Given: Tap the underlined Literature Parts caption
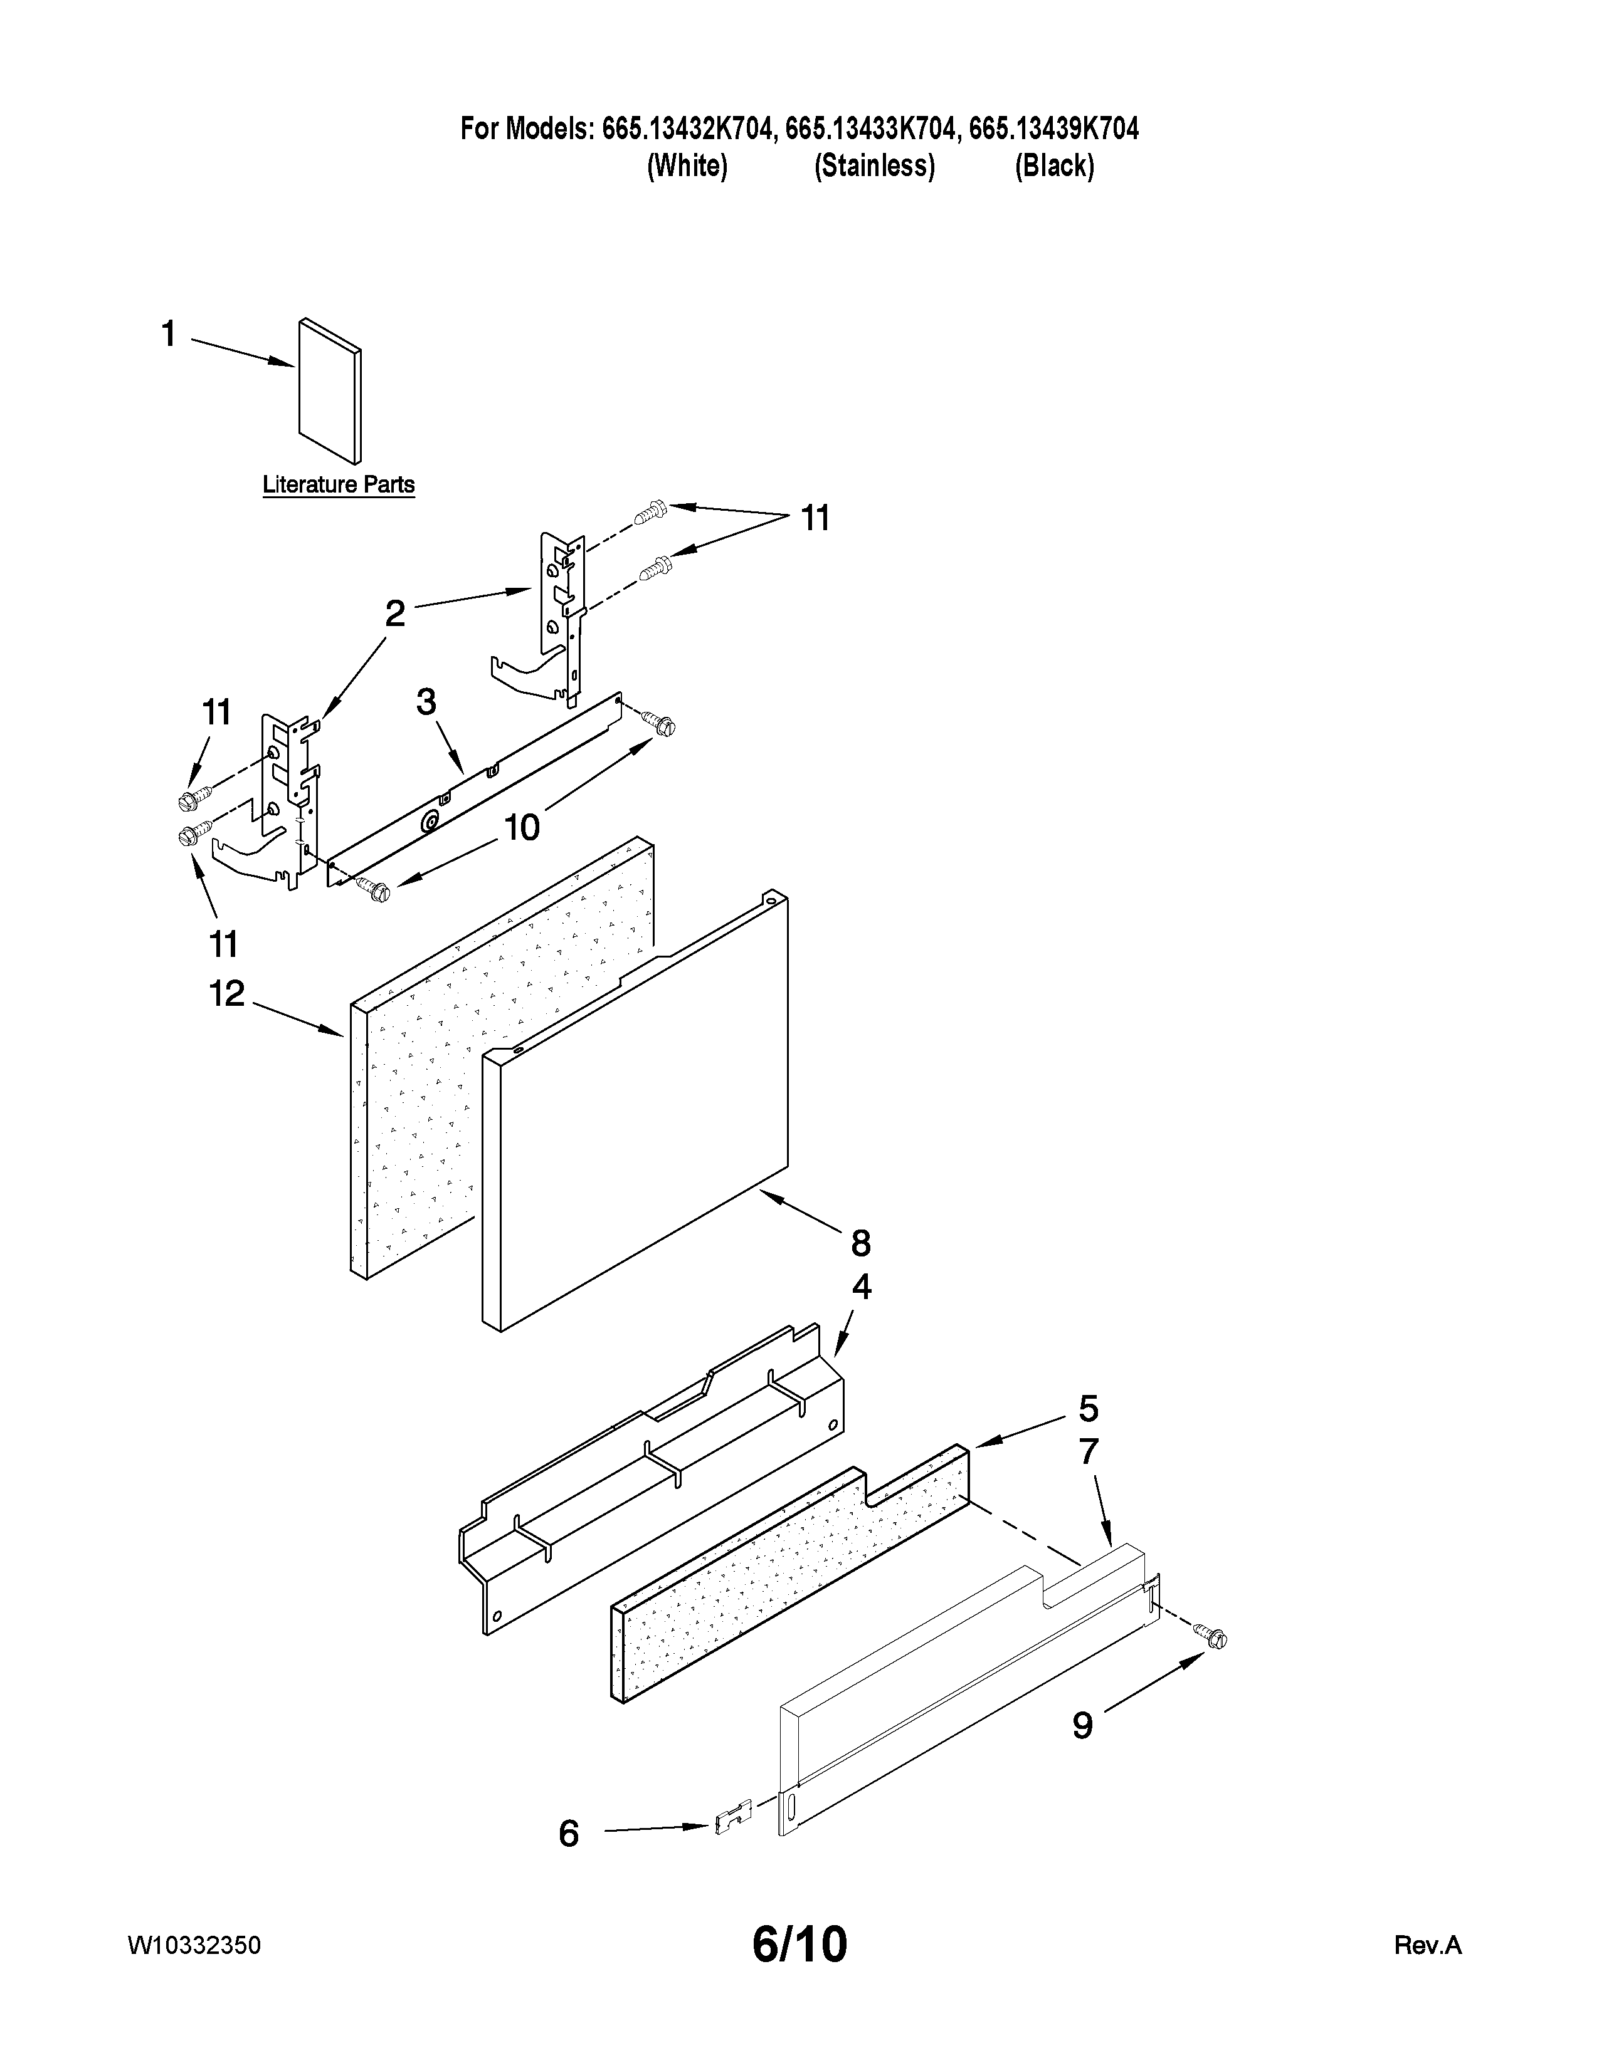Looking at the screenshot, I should coord(338,485).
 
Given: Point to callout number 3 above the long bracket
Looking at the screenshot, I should coord(426,702).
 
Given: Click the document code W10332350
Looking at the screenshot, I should coord(194,1946).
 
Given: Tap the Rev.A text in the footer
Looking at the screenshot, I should coord(1428,1946).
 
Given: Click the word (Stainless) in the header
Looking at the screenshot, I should coord(874,167).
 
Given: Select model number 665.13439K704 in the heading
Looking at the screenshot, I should coord(1053,128).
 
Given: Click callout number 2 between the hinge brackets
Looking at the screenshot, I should coord(395,615).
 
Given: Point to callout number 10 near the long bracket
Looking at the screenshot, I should coord(521,828).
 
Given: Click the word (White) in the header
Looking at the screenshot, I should coord(687,167).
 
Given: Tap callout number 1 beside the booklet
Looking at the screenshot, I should coord(169,334).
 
